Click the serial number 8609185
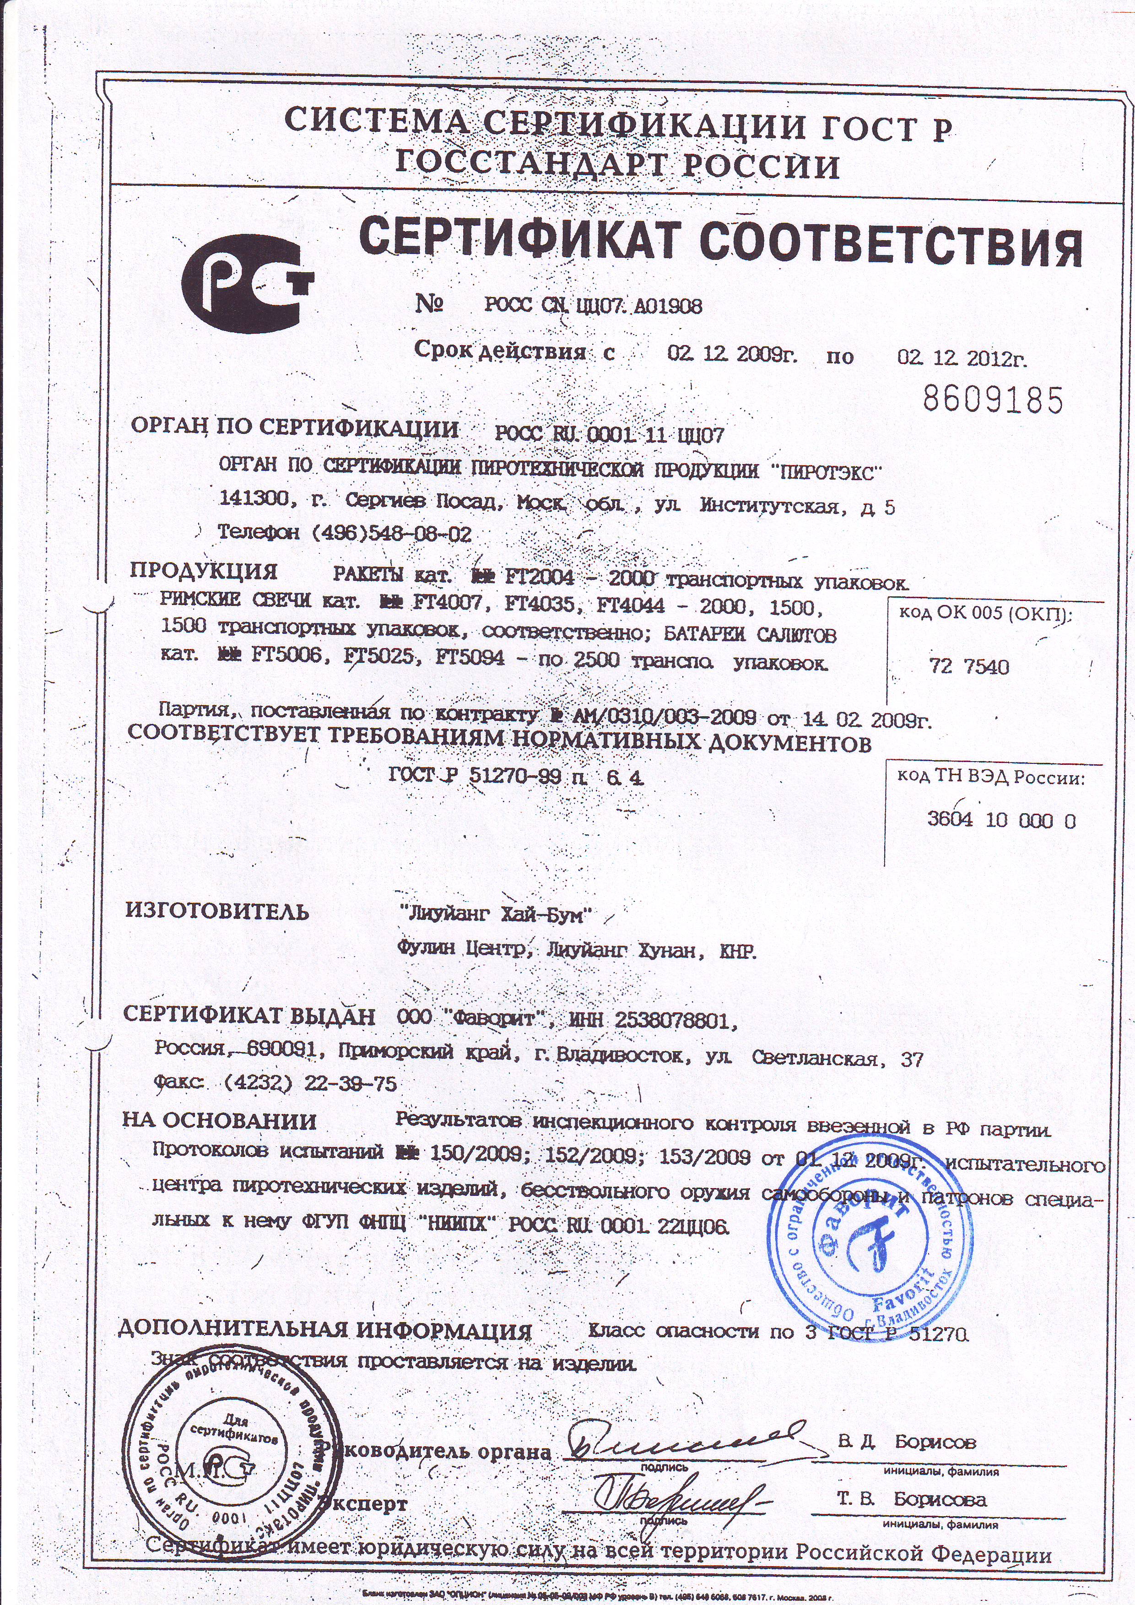[x=992, y=400]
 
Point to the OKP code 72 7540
[x=969, y=667]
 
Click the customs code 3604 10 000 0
[x=1001, y=820]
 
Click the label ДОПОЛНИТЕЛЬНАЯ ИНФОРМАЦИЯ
[x=324, y=1330]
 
